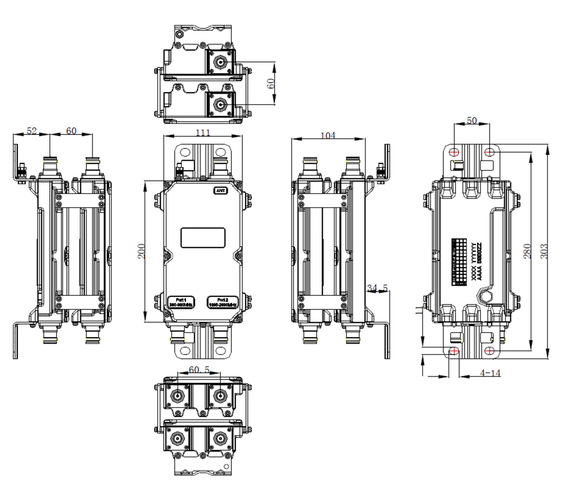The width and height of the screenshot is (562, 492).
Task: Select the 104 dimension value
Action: [328, 135]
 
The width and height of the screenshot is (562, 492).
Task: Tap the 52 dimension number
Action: [32, 131]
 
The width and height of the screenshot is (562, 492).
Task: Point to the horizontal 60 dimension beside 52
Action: [71, 131]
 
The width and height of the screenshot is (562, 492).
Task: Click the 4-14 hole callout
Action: [490, 373]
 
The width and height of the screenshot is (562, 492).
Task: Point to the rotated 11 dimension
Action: [419, 310]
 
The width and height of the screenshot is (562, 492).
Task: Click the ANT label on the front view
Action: [221, 191]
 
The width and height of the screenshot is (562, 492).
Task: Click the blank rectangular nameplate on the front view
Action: [203, 238]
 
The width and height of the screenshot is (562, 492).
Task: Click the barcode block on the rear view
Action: [459, 262]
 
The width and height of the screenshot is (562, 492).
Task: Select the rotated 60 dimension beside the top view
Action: [270, 83]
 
